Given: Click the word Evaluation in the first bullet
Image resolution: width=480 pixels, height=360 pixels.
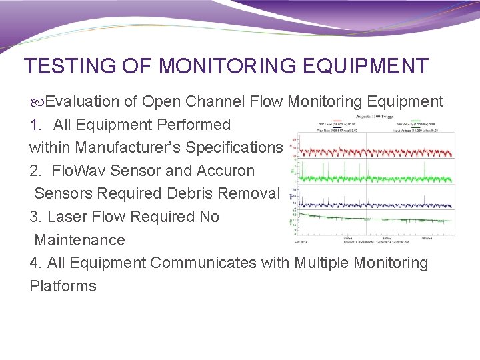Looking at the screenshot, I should (83, 101).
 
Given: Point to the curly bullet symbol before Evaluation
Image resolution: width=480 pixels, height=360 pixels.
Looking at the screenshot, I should (37, 102).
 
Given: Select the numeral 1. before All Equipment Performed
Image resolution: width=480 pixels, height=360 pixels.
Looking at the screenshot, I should (36, 125).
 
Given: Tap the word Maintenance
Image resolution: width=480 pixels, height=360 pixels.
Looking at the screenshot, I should (79, 239).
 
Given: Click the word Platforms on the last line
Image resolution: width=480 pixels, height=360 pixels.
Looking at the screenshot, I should (63, 286).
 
